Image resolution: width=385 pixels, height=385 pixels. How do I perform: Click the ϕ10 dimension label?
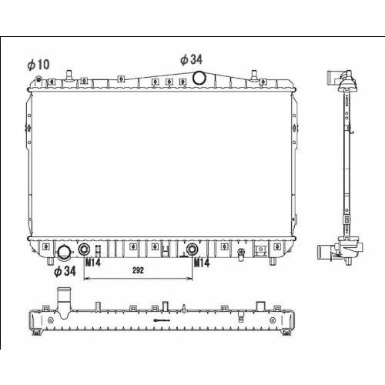38,65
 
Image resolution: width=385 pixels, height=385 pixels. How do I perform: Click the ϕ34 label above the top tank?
191,59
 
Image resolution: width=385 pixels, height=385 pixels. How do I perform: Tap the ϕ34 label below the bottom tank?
65,271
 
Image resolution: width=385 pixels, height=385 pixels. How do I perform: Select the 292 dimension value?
138,270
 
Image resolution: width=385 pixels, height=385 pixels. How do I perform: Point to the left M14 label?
93,263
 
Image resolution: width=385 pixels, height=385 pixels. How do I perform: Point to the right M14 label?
202,263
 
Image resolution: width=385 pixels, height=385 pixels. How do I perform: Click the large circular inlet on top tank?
199,78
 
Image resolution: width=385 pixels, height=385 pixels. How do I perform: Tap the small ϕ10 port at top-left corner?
38,79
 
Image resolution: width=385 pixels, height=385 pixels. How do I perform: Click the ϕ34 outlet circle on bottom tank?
63,252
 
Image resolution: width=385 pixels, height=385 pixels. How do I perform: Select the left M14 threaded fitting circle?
84,249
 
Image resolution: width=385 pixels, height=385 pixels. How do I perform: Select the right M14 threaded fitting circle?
192,249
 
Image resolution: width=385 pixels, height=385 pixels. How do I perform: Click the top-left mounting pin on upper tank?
69,75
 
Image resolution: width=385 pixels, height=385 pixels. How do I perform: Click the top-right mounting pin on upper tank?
254,75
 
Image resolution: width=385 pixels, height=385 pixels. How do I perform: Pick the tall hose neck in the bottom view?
63,303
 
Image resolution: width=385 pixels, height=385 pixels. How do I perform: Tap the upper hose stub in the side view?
333,77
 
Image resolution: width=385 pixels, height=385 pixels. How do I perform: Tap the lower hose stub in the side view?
325,252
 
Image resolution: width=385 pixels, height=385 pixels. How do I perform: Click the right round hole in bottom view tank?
273,320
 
